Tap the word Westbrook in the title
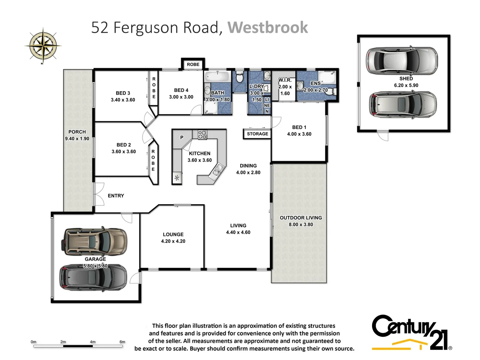(x=268, y=27)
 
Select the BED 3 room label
(x=123, y=93)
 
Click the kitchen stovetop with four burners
(x=202, y=134)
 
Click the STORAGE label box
(x=257, y=134)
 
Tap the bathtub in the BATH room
(x=217, y=76)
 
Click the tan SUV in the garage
(x=95, y=241)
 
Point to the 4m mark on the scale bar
(x=93, y=342)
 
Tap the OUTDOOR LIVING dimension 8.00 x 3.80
(x=301, y=225)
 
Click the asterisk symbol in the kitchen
(x=177, y=178)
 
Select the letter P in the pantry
(x=182, y=137)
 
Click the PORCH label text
(x=77, y=132)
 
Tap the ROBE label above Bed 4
(x=193, y=64)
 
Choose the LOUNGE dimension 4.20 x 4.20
(x=173, y=241)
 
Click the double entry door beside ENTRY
(x=99, y=194)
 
